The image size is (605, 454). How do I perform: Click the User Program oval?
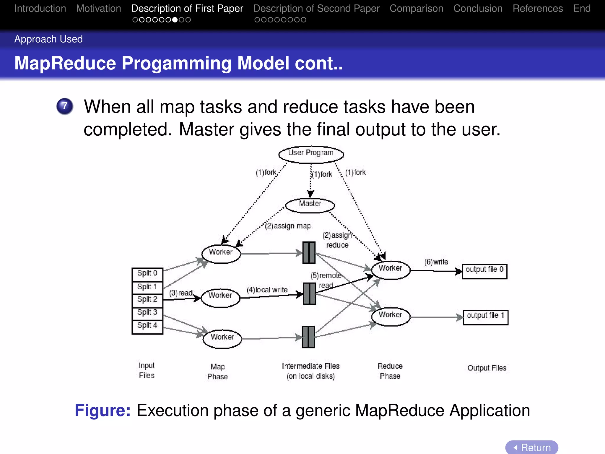click(311, 154)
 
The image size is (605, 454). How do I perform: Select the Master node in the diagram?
click(310, 205)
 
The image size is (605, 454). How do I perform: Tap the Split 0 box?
click(147, 273)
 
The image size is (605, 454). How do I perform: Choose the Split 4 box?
click(147, 326)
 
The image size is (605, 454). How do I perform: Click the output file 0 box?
click(484, 271)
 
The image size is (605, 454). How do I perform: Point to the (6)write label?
click(436, 262)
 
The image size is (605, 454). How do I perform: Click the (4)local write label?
click(267, 290)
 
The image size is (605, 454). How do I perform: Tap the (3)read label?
click(181, 293)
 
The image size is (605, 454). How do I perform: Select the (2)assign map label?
click(288, 226)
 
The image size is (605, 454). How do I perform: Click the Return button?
click(532, 447)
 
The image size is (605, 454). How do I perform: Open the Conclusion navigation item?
click(478, 9)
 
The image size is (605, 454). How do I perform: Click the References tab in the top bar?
click(538, 9)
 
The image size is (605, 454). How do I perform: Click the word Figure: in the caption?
click(103, 411)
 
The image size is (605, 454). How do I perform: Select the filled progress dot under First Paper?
click(175, 20)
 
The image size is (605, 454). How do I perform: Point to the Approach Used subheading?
click(48, 39)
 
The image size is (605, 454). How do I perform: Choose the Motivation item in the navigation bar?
click(99, 9)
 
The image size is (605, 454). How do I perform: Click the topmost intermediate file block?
click(309, 253)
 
